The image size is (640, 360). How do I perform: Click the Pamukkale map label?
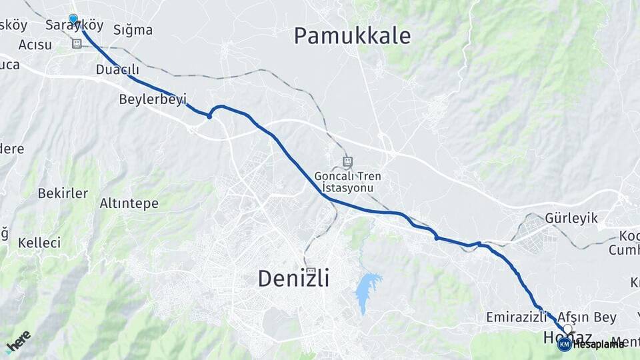352,36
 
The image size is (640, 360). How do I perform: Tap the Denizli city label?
293,279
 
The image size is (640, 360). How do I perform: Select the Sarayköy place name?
75,25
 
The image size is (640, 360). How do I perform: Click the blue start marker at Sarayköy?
73,19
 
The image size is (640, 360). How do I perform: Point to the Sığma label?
133,30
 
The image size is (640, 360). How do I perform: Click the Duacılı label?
117,69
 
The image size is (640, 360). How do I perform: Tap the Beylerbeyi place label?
152,99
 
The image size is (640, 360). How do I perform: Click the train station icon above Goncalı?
347,161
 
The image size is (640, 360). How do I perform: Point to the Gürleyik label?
571,218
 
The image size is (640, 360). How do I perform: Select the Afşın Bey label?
587,317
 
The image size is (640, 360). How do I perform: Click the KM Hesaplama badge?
591,344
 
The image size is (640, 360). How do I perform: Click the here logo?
18,342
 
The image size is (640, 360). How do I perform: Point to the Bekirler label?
63,193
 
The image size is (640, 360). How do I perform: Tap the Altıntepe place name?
129,203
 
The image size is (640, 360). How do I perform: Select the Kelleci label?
39,242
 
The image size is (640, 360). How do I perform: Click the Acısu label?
35,45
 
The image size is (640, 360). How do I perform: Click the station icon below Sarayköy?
77,43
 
